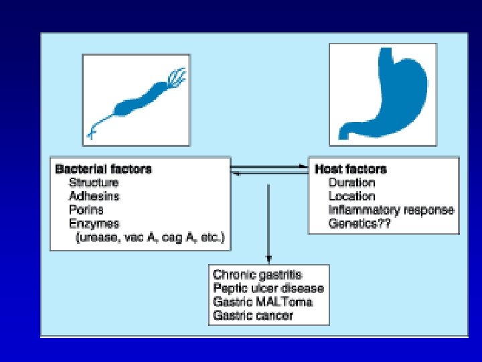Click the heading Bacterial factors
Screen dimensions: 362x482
click(x=103, y=169)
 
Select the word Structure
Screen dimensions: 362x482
click(x=94, y=183)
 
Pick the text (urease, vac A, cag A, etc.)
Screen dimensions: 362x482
click(x=151, y=237)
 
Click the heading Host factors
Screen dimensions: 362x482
click(x=351, y=169)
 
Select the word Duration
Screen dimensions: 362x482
click(x=351, y=182)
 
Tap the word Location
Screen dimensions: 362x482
click(x=351, y=196)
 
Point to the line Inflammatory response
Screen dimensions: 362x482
click(x=392, y=210)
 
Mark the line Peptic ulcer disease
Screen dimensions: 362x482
click(x=268, y=288)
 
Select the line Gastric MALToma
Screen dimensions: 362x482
click(x=262, y=302)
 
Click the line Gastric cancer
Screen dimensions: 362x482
click(x=253, y=315)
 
